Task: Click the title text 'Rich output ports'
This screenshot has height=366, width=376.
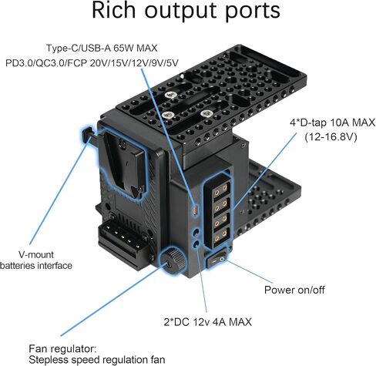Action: coord(186,11)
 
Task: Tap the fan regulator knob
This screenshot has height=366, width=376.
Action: coord(173,260)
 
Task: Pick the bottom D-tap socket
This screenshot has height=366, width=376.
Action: coord(220,235)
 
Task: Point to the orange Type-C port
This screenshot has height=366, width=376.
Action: coord(195,211)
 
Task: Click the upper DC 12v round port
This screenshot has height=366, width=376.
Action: coord(196,233)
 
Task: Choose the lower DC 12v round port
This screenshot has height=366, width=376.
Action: coord(196,244)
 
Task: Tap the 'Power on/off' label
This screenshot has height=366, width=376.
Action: coord(294,290)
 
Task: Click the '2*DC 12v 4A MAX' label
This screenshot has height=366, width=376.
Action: coord(208,322)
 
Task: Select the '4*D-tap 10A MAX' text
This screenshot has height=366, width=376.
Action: coord(332,123)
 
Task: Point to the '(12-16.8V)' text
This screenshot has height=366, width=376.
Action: coord(331,137)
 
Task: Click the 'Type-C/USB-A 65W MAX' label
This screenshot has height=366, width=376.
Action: coord(102,48)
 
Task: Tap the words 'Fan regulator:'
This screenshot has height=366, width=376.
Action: coord(62,349)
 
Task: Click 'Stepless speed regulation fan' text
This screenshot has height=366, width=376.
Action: coord(97,360)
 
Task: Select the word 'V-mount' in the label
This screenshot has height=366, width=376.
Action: coord(36,254)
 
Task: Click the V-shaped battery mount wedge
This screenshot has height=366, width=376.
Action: coord(125,164)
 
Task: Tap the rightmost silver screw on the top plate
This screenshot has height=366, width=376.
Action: coord(206,113)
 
